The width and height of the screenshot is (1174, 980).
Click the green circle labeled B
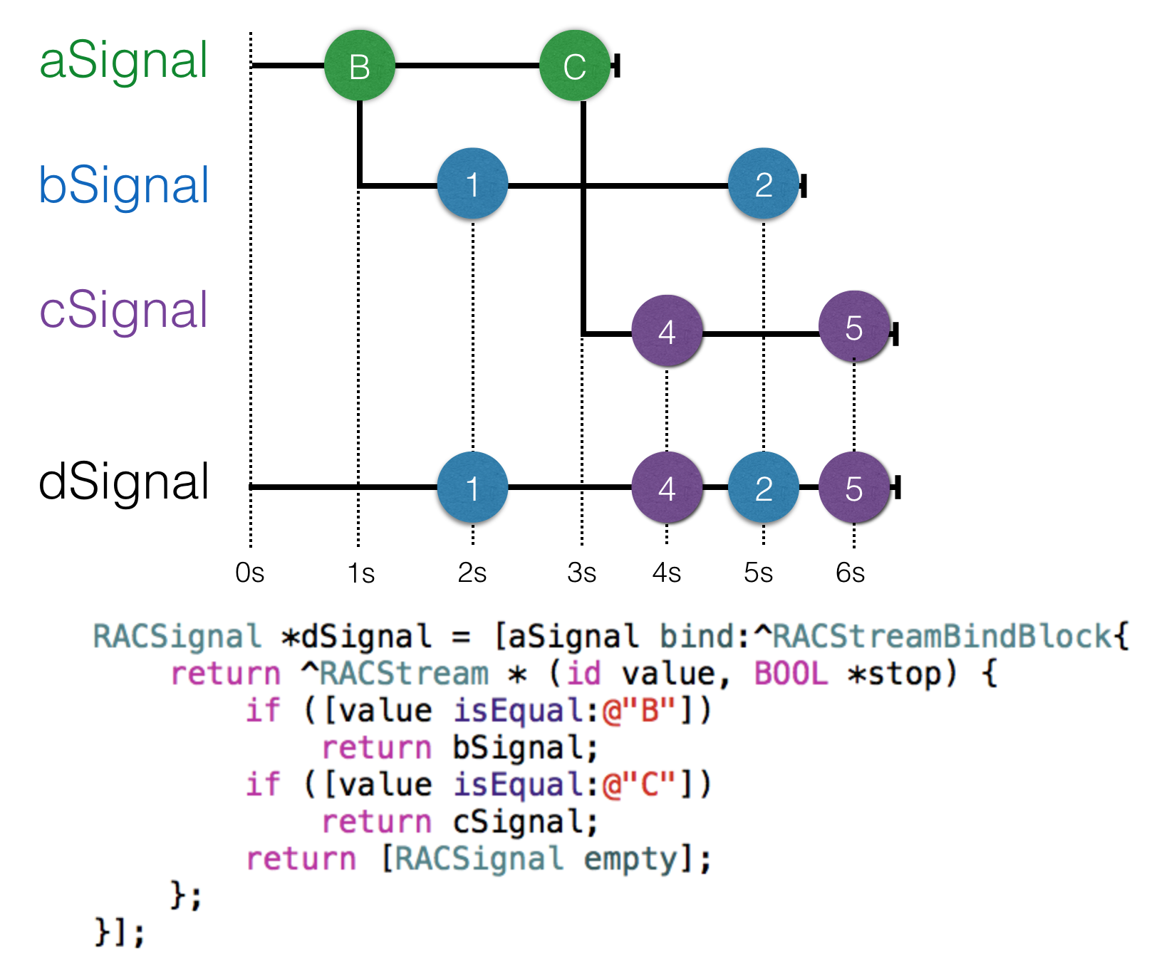tap(360, 66)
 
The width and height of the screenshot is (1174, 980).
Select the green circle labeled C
tap(575, 66)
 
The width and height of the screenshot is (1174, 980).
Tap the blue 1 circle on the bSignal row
tap(472, 184)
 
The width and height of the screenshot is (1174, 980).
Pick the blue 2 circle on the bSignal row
tap(764, 184)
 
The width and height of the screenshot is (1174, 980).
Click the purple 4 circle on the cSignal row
tap(667, 331)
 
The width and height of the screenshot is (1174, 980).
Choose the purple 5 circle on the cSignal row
tap(854, 327)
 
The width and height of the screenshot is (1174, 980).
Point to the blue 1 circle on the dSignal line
tap(472, 488)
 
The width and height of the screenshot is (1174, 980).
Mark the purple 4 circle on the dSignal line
tap(667, 488)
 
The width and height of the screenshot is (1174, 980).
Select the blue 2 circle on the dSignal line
tap(764, 488)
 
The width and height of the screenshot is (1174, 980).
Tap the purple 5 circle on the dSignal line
tap(854, 488)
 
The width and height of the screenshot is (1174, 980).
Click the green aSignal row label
tap(124, 61)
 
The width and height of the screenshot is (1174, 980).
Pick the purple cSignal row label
tap(124, 311)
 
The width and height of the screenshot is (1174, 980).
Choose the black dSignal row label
tap(124, 482)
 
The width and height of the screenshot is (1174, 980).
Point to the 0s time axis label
tap(250, 573)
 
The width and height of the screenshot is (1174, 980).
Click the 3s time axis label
tap(582, 573)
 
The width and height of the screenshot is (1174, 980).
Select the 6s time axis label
tap(851, 573)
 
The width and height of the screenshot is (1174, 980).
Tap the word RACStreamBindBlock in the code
tap(942, 636)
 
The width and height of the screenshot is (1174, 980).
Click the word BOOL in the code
tap(791, 673)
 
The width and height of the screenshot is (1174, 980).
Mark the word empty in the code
tap(630, 859)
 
